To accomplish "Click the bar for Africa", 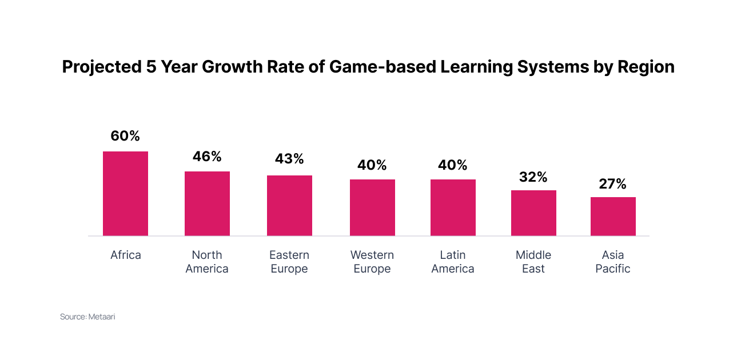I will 125,193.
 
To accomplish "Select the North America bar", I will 207,203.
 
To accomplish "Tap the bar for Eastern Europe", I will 289,205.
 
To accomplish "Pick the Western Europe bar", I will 372,207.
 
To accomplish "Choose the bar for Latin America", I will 453,207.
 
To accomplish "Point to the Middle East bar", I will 533,213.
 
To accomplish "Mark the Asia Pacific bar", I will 613,216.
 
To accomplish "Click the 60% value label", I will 125,136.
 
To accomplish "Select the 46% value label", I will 207,157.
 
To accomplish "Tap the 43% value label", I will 289,159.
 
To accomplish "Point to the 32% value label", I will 533,177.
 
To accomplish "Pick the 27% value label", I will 613,184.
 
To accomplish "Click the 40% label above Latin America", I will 453,165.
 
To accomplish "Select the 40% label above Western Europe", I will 372,165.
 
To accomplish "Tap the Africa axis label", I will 125,255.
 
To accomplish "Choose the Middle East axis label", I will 533,262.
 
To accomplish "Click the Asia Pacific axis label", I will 613,262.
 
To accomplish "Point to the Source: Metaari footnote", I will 87,317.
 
